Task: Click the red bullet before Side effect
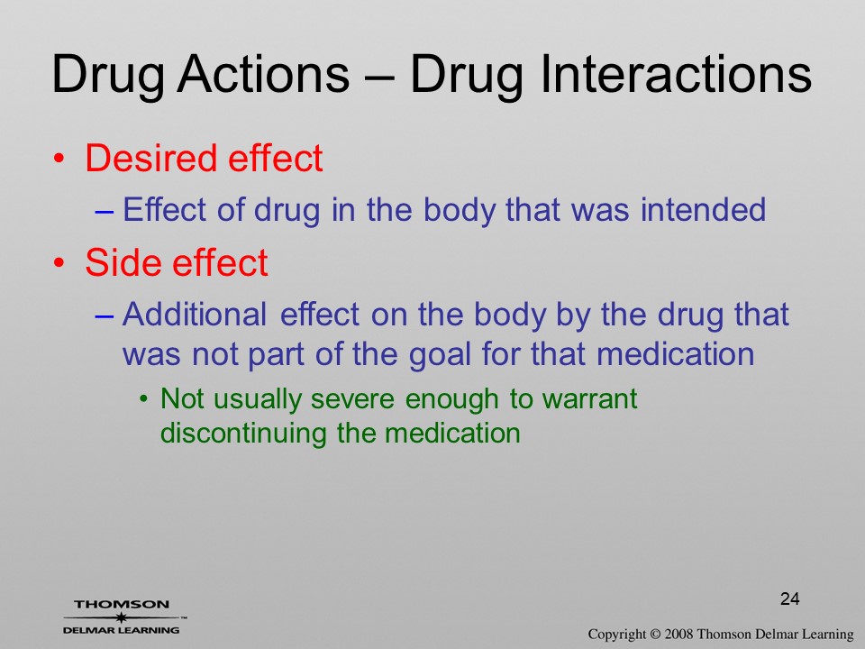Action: click(x=59, y=263)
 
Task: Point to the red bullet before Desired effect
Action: click(x=59, y=160)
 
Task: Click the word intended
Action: click(x=703, y=210)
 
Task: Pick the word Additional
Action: click(x=195, y=314)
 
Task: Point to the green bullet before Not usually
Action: click(x=144, y=398)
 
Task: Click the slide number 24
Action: click(x=790, y=599)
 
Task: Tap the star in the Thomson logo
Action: click(x=122, y=617)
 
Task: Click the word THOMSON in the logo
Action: click(x=122, y=604)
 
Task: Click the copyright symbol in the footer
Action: click(x=655, y=635)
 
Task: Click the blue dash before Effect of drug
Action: click(x=105, y=211)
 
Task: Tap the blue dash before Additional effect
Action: click(x=105, y=316)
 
